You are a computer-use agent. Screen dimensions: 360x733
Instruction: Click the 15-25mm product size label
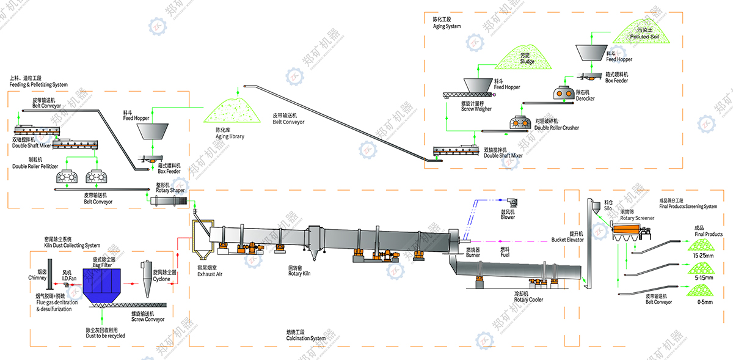point(700,255)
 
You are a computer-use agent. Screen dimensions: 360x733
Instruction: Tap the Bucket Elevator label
point(567,240)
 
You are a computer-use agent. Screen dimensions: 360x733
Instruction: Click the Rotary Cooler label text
point(528,299)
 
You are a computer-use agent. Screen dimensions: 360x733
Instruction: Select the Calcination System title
point(305,338)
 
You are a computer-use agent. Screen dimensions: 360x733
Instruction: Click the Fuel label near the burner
point(505,254)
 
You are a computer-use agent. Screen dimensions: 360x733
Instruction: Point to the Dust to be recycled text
point(105,336)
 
